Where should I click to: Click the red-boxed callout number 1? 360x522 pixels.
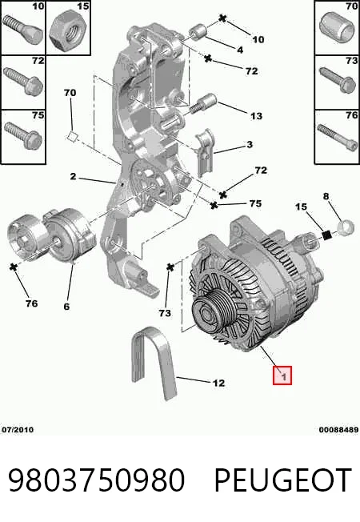(282, 375)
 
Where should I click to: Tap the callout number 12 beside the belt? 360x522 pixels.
(218, 383)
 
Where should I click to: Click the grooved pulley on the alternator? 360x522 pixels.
(212, 311)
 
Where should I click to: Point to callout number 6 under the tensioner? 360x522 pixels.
(66, 306)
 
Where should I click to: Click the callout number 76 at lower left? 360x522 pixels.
(32, 303)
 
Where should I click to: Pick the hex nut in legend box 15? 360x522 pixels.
(68, 30)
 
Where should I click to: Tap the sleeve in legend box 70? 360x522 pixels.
(336, 28)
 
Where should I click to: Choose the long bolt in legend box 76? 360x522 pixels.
(338, 137)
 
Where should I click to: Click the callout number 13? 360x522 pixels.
(257, 116)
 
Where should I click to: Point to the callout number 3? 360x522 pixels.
(250, 144)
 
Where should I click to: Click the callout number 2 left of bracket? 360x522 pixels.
(73, 176)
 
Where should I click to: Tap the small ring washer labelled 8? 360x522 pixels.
(346, 227)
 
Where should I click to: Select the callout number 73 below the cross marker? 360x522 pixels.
(165, 312)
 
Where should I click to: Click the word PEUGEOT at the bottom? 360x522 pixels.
(282, 480)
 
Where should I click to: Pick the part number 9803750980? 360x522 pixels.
(96, 480)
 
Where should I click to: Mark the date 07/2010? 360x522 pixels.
(18, 429)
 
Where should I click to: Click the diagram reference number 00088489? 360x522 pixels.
(338, 429)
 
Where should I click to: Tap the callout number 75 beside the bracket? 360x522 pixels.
(255, 203)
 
